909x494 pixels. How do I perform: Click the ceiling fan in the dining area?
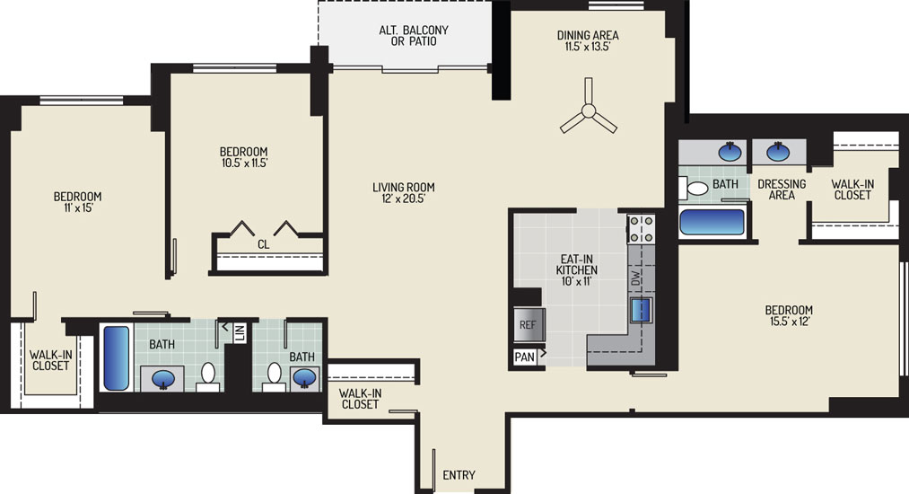589,110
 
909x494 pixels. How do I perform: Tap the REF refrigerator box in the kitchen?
529,324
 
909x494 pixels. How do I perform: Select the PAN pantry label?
525,357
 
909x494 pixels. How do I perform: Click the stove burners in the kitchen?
642,229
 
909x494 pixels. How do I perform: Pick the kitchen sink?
642,309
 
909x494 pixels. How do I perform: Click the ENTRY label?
459,475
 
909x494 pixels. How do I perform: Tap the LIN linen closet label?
240,332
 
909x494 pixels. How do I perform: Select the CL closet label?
263,244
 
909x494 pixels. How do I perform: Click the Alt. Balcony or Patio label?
414,35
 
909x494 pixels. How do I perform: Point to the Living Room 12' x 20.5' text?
404,193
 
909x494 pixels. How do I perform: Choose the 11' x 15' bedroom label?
78,202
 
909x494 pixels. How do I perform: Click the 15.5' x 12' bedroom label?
789,315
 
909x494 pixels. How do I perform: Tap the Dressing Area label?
782,190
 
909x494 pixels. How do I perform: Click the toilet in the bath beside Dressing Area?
694,188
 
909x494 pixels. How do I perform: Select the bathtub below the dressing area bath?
712,222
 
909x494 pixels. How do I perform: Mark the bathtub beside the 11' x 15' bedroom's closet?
117,358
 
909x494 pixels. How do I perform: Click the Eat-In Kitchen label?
577,270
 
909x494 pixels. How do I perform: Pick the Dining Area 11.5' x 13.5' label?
588,40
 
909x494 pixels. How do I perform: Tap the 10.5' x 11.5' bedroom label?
244,157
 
